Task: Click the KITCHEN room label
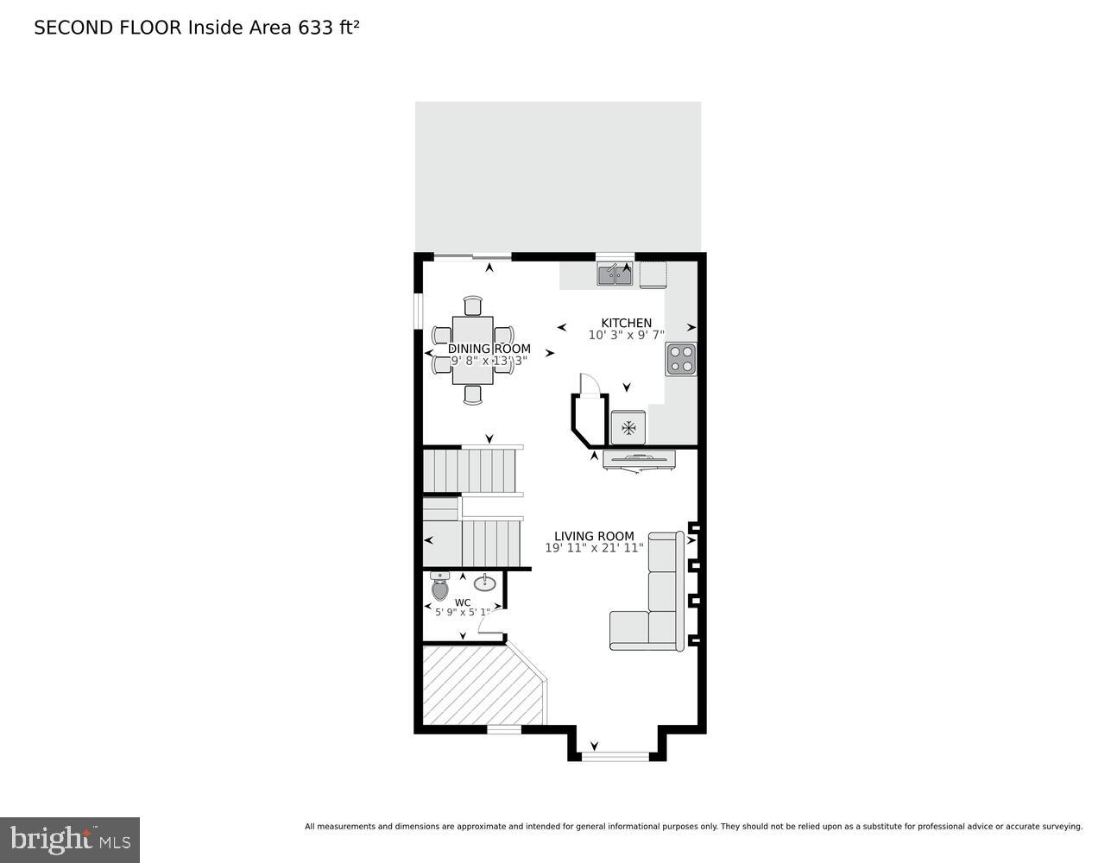tap(626, 323)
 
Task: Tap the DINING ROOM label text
tap(489, 349)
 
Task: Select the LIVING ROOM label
tap(594, 536)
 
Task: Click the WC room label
tap(463, 602)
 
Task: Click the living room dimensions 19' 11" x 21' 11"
tap(594, 548)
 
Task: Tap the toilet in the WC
tap(440, 587)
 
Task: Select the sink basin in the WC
tap(484, 583)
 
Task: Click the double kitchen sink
tap(615, 274)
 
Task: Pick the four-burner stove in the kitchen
tap(680, 358)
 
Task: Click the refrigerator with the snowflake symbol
tap(628, 427)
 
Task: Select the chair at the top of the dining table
tap(472, 306)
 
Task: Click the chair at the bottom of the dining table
tap(472, 394)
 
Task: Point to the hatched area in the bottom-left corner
tap(475, 686)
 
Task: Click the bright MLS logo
tap(70, 839)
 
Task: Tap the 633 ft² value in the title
tap(328, 28)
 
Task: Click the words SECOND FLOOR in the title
tap(108, 28)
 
